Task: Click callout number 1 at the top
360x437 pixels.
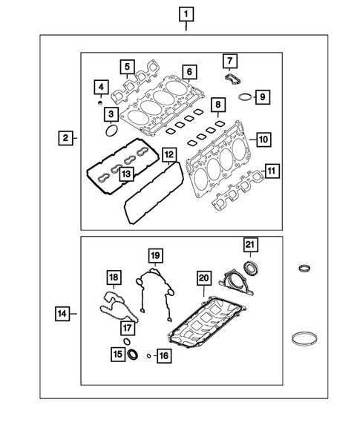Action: click(184, 13)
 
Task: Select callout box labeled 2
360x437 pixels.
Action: click(66, 138)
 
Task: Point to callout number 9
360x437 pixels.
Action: click(261, 96)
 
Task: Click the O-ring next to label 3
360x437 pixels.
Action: click(111, 131)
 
